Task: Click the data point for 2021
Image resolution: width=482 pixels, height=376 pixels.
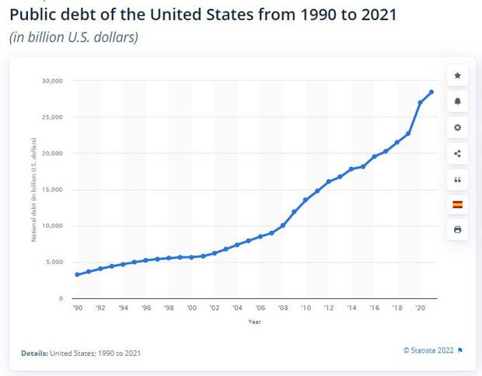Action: pos(431,92)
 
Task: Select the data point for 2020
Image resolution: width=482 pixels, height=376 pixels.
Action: pos(420,103)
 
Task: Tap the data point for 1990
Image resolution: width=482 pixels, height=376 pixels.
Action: pos(77,274)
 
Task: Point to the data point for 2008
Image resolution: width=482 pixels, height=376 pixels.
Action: pos(283,225)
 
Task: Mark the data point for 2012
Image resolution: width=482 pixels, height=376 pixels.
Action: pos(329,182)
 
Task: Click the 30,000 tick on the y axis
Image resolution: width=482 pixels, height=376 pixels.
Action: pos(53,81)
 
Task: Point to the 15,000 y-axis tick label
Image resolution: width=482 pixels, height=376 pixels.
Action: pos(53,190)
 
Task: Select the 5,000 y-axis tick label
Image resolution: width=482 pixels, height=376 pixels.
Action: pos(54,262)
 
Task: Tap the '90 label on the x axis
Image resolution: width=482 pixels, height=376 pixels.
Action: pos(77,308)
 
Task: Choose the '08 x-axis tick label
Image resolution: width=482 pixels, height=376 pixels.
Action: pos(283,308)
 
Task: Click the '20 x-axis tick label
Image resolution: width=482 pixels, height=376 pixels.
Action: pos(420,308)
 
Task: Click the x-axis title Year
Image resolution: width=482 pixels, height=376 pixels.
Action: pos(254,321)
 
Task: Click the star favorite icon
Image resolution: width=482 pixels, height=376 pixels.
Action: pos(457,75)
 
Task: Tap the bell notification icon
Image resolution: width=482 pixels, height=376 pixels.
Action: pos(457,101)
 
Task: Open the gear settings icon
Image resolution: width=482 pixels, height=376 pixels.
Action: pos(457,127)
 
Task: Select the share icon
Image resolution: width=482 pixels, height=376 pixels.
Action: pos(457,153)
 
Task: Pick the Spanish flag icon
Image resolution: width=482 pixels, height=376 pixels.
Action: pos(457,204)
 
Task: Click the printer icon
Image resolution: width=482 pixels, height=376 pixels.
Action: pos(457,230)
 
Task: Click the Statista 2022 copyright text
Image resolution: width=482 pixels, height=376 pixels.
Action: pos(428,350)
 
